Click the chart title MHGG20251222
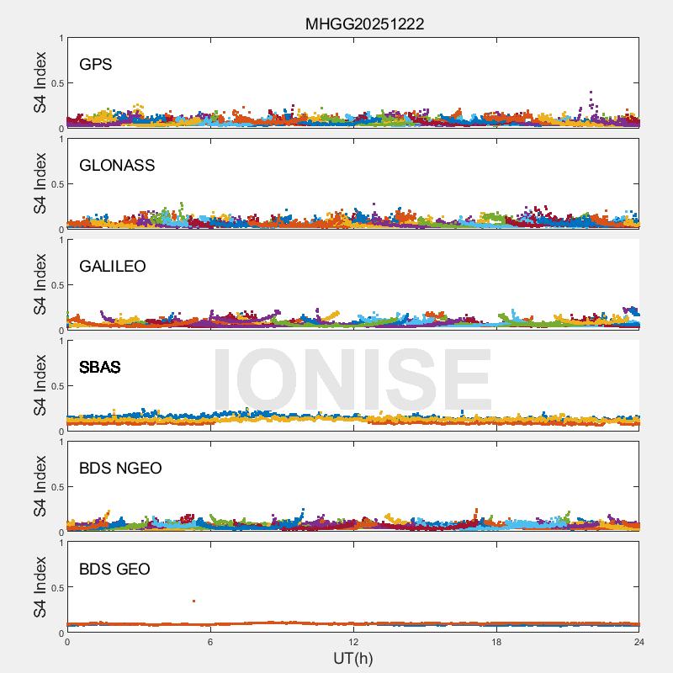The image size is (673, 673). coord(364,24)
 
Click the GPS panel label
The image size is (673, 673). coord(95,65)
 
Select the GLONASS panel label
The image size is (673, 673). coord(117,166)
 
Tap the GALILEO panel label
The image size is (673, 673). coord(113,267)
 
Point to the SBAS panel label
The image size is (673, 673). coord(100,368)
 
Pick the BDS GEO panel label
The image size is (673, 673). coord(114,570)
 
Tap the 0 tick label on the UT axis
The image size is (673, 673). coord(67,642)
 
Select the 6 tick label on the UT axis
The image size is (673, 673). coord(210,642)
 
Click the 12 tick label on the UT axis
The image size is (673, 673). coord(353,642)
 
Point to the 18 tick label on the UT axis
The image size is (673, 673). coord(496,642)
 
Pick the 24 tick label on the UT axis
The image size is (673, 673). coord(639,642)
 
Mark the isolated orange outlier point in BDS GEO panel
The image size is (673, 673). coord(194,601)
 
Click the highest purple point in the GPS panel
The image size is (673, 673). coord(591,93)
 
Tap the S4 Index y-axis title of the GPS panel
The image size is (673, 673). coord(40,83)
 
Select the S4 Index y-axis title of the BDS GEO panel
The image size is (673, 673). coord(40,588)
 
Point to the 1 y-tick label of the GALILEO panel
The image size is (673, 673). coord(61,240)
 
